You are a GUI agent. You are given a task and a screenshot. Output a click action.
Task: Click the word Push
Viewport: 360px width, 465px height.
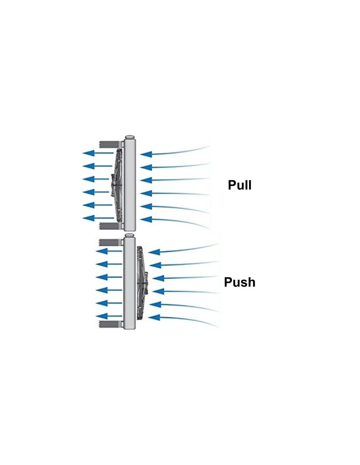click(x=240, y=282)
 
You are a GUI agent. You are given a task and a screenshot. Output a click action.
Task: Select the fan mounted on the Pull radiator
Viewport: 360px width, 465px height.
click(x=117, y=185)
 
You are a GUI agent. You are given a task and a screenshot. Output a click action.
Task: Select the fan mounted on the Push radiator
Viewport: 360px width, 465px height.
click(x=142, y=282)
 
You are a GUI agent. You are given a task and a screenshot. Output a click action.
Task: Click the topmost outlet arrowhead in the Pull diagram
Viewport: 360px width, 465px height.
click(x=88, y=153)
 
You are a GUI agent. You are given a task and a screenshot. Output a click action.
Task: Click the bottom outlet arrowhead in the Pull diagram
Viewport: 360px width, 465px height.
click(x=88, y=218)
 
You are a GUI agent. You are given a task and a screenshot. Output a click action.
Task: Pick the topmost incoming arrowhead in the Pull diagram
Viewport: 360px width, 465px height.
click(x=146, y=154)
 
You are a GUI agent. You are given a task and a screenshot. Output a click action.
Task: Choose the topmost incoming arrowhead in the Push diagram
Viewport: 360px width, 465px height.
click(x=154, y=252)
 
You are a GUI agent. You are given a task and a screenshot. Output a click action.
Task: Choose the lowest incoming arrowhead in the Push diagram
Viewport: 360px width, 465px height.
click(x=154, y=317)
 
